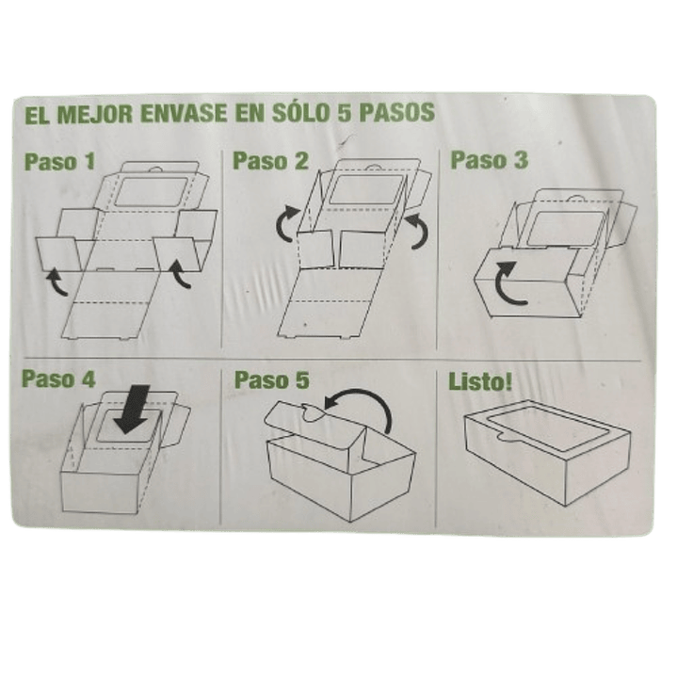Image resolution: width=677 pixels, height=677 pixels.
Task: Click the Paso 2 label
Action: [271, 160]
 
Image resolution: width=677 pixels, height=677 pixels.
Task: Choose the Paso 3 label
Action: [489, 159]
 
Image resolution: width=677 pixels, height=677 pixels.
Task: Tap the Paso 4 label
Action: [58, 380]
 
